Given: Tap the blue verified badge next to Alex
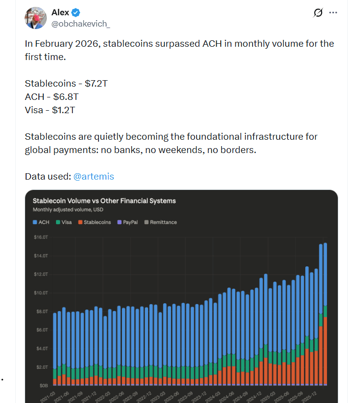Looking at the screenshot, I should click(77, 12).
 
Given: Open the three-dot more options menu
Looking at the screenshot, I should click(333, 13).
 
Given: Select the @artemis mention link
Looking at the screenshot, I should click(94, 176).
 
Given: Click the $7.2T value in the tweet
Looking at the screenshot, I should click(93, 83).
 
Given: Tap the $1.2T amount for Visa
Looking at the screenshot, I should click(63, 110).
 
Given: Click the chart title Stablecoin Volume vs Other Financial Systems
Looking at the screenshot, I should click(104, 201).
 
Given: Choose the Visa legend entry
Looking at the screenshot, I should click(64, 222).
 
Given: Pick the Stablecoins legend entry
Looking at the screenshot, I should click(94, 222).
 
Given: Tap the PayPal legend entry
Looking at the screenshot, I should click(128, 222).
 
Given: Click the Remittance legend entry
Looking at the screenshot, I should click(161, 222).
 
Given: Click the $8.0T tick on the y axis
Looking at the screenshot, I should click(41, 311).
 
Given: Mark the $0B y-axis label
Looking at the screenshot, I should click(43, 385).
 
